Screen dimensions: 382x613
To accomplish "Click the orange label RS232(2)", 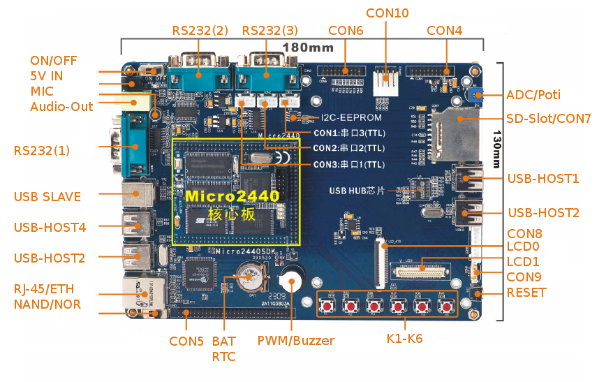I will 200,31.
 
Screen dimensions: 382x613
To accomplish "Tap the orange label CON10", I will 387,13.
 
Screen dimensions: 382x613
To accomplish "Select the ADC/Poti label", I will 533,95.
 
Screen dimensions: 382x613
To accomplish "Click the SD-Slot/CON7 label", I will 549,119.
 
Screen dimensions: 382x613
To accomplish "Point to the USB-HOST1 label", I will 544,179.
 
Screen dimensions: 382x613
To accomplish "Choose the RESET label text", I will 526,293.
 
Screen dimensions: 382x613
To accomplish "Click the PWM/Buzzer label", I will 295,341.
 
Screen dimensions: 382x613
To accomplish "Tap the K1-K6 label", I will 405,339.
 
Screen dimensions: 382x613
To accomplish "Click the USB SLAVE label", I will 47,197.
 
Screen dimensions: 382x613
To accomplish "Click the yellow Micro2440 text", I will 232,196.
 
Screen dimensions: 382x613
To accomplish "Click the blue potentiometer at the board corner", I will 478,95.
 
